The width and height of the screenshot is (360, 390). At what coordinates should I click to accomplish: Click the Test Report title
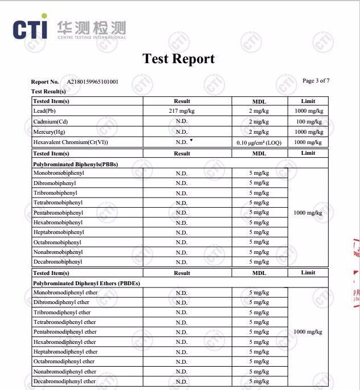click(x=178, y=59)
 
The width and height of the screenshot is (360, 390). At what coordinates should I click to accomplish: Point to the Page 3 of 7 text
click(x=316, y=81)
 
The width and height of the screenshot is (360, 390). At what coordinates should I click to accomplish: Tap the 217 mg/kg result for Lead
click(x=182, y=111)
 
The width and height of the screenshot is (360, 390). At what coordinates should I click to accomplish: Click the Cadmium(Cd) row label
click(x=51, y=121)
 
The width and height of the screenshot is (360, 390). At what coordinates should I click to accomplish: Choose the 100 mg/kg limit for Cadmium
click(x=308, y=121)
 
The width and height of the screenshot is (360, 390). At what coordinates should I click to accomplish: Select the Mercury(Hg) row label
click(x=50, y=132)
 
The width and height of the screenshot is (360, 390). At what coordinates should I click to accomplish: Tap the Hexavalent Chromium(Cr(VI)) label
click(x=71, y=142)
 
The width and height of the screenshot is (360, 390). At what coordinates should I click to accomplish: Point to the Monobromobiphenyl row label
click(x=58, y=173)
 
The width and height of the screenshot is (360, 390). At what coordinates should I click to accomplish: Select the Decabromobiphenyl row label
click(x=58, y=262)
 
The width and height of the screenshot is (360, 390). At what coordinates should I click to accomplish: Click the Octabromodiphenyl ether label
click(x=64, y=362)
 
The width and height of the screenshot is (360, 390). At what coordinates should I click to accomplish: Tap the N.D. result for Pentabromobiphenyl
click(x=182, y=213)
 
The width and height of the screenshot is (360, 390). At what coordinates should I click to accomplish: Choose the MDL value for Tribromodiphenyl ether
click(x=259, y=313)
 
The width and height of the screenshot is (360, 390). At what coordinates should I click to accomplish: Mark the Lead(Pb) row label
click(x=47, y=111)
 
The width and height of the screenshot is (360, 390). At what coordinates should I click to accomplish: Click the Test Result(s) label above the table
click(x=48, y=91)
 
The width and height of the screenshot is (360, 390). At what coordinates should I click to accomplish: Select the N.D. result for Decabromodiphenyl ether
click(x=182, y=381)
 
